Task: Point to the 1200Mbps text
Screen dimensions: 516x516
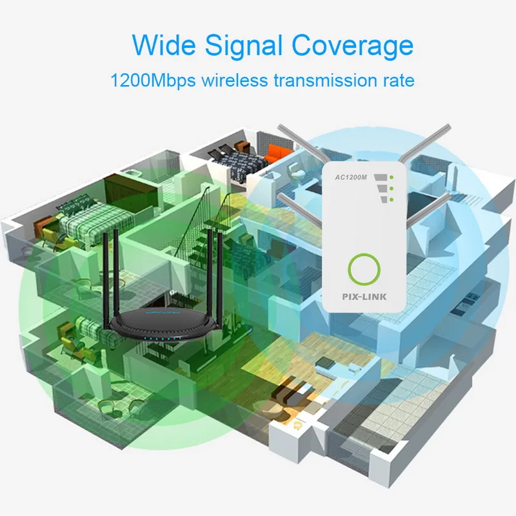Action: click(x=152, y=81)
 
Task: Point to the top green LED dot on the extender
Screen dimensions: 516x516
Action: click(x=390, y=177)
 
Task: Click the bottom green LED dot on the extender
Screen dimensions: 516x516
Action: click(x=390, y=199)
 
